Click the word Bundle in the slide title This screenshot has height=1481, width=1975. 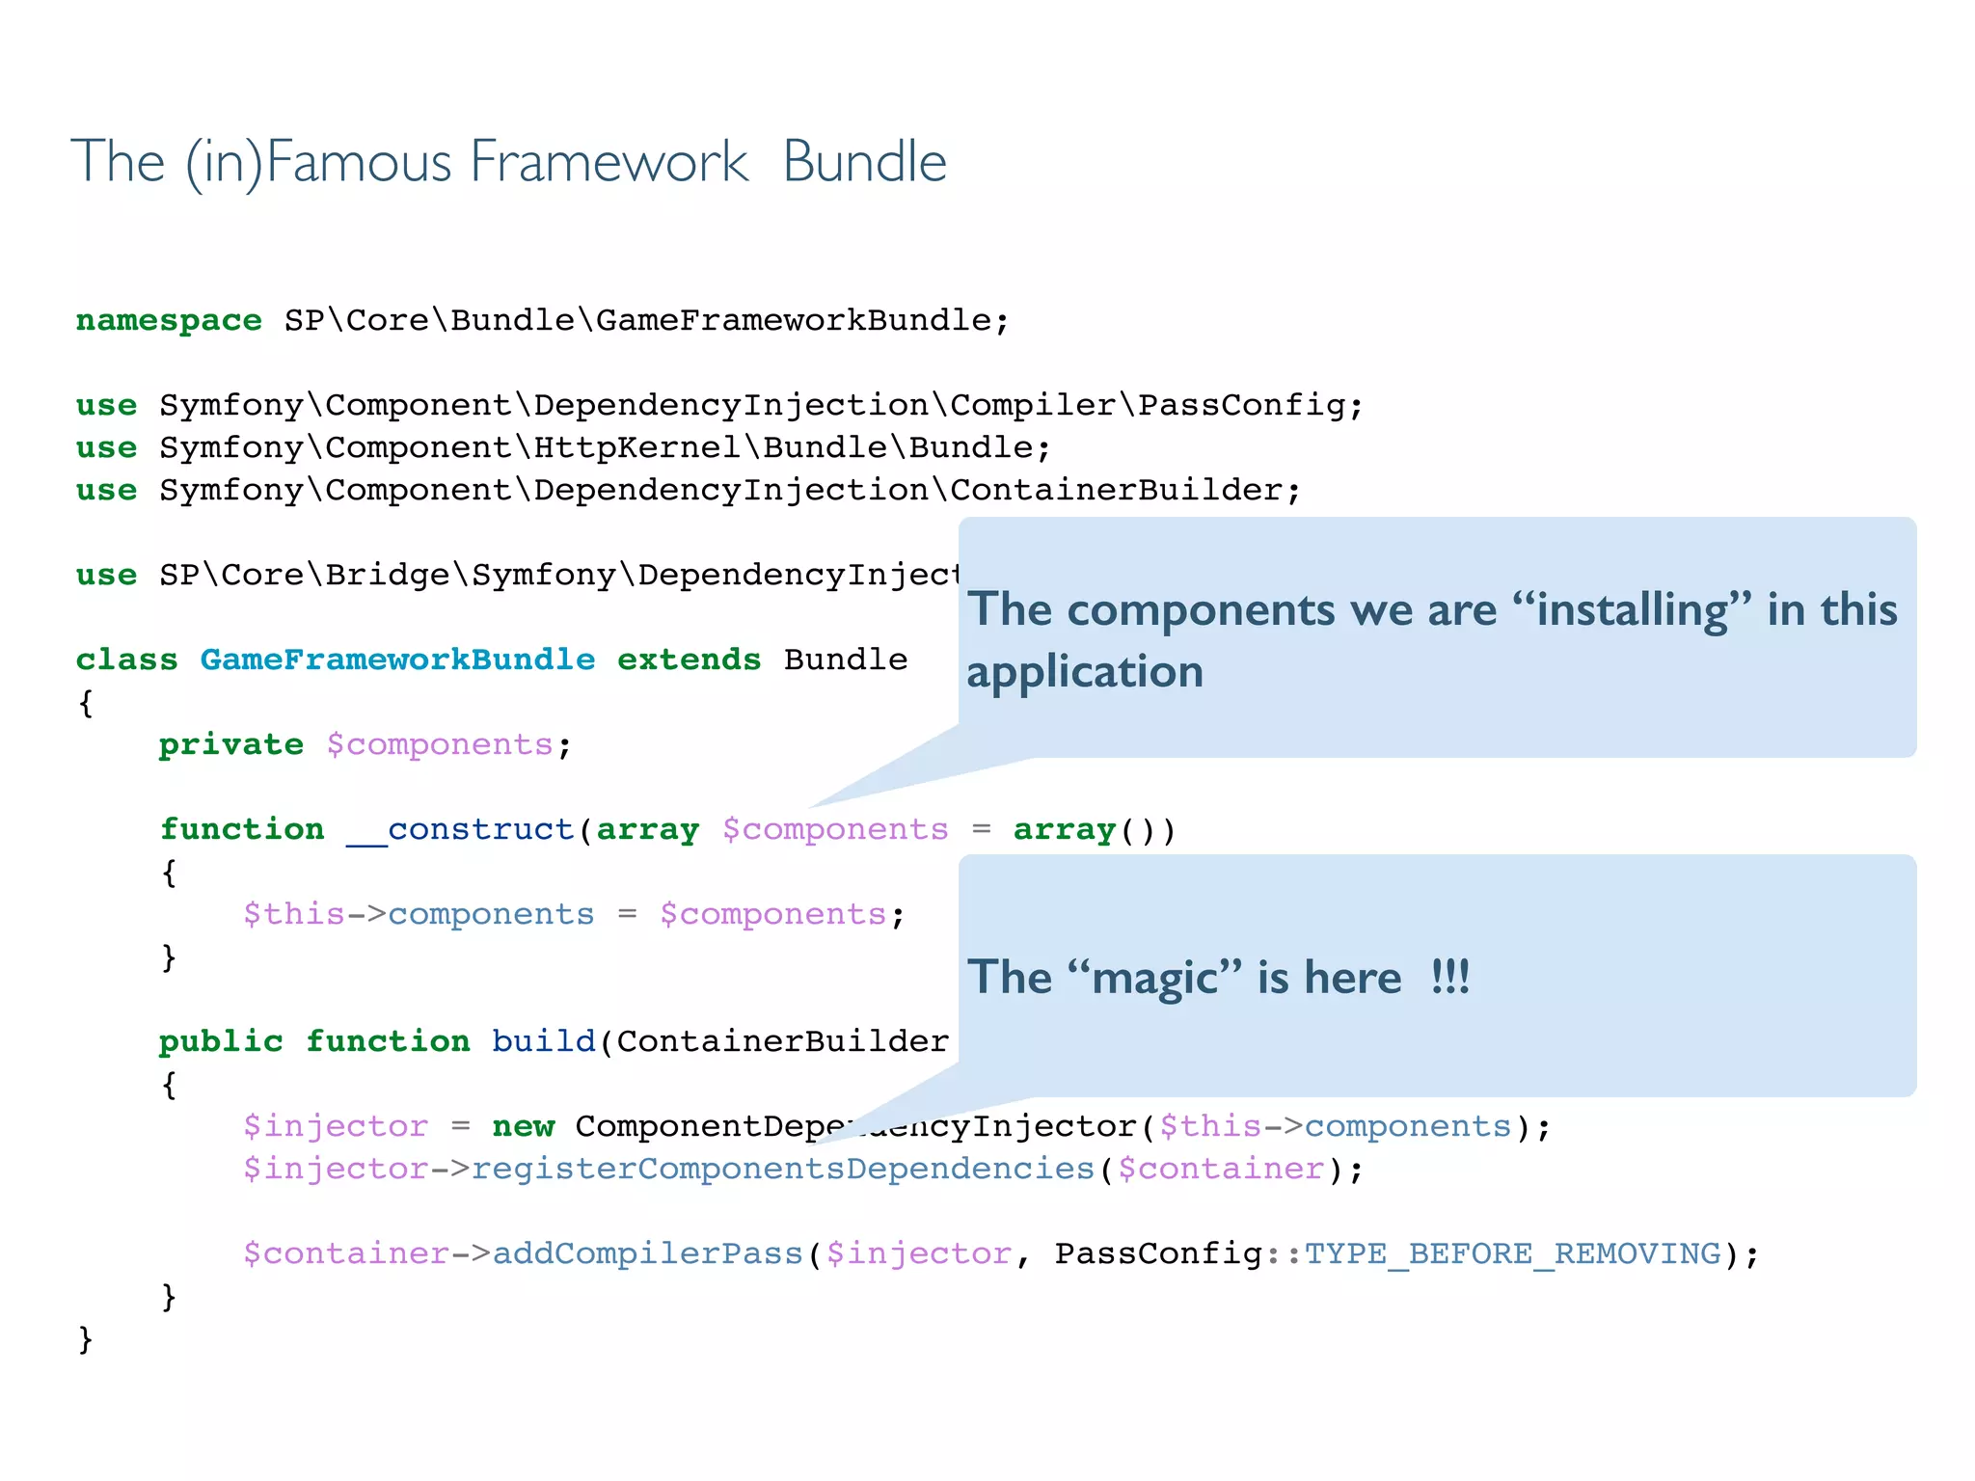(x=864, y=162)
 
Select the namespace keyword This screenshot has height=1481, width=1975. (x=169, y=320)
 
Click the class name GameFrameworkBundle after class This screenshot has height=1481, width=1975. (x=397, y=660)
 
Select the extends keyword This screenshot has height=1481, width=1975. (x=689, y=660)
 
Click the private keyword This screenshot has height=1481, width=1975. (x=230, y=744)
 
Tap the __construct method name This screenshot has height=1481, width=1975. (x=460, y=829)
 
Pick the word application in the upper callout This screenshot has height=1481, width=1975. (x=1085, y=671)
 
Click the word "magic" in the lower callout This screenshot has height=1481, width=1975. (x=1154, y=978)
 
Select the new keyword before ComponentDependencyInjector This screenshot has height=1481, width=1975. (x=523, y=1126)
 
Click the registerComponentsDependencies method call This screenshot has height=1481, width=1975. (x=783, y=1169)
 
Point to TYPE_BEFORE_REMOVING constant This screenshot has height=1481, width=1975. (x=1512, y=1253)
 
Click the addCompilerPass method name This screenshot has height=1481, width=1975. (x=647, y=1253)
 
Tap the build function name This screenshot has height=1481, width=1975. (x=543, y=1041)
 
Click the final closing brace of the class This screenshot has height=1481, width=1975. (x=85, y=1338)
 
